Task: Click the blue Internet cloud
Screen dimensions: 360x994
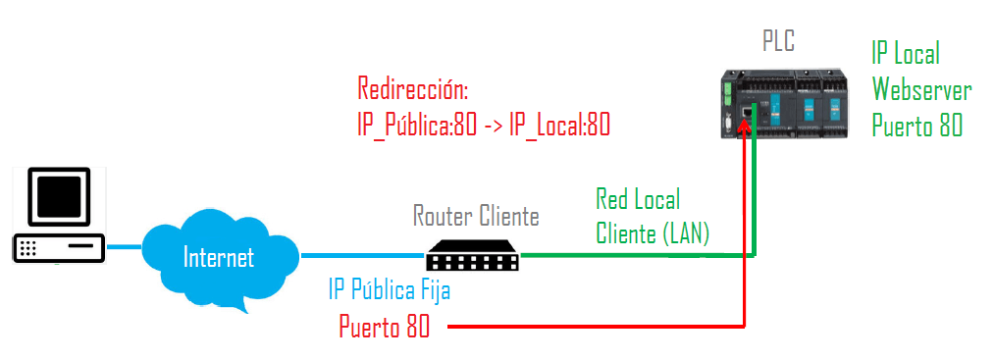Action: click(x=219, y=258)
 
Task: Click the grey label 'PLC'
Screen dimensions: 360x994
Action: click(x=778, y=41)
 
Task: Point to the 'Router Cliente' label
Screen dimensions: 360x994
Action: click(x=476, y=215)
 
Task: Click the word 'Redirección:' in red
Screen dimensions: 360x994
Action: click(x=413, y=90)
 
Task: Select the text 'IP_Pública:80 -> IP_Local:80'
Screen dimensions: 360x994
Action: click(x=485, y=125)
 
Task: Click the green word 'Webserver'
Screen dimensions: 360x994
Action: click(x=922, y=90)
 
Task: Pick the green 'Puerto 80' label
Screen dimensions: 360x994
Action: click(x=917, y=126)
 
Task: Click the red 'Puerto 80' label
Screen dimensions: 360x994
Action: click(x=385, y=327)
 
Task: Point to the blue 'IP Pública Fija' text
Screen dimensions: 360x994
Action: click(x=390, y=291)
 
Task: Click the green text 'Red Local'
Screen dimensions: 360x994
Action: click(x=638, y=200)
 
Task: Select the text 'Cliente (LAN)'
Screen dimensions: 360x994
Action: click(x=653, y=233)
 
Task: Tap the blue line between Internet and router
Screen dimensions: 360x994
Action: click(x=362, y=256)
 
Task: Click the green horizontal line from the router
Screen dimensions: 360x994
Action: click(x=638, y=256)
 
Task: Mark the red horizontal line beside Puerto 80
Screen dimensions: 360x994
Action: click(x=589, y=326)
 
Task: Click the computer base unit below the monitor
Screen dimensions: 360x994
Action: click(x=58, y=248)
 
